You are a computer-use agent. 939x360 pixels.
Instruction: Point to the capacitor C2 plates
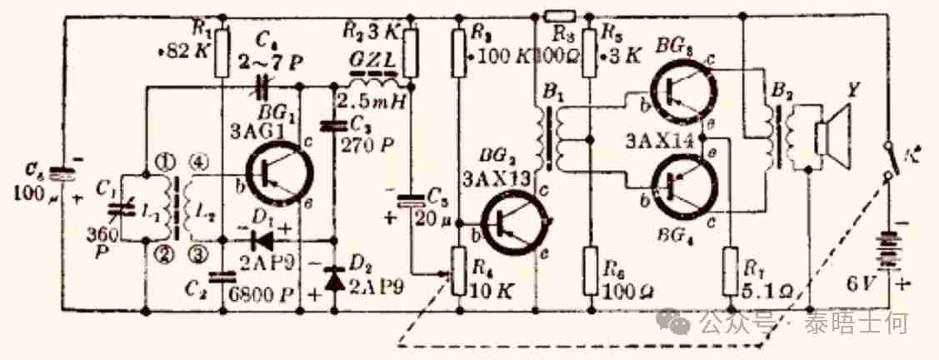220,277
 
